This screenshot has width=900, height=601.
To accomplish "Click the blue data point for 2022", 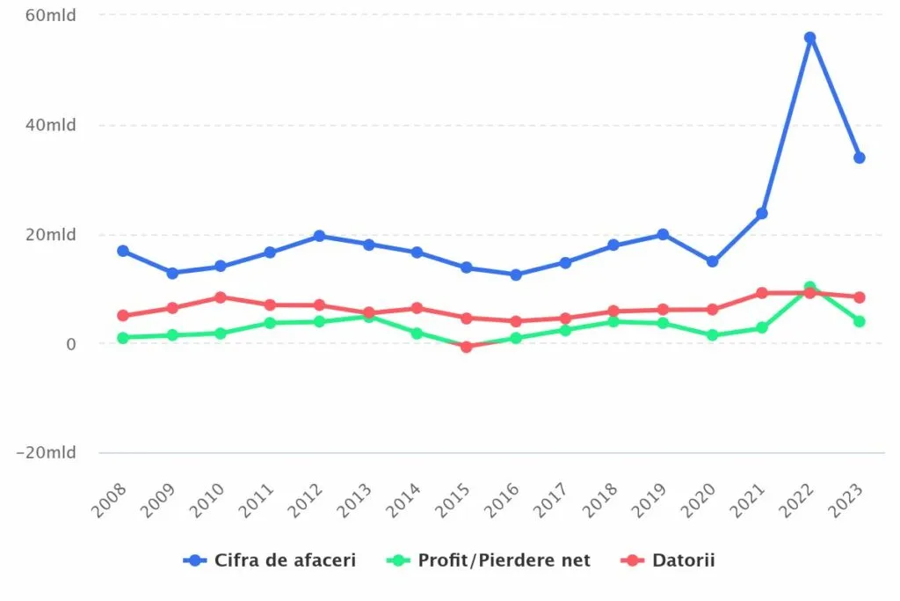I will pyautogui.click(x=809, y=38).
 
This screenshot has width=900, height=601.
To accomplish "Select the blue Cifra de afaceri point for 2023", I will pyautogui.click(x=859, y=158).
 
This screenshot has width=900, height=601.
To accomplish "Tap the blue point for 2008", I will pyautogui.click(x=123, y=251).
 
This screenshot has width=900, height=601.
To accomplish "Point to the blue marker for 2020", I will pyautogui.click(x=712, y=261).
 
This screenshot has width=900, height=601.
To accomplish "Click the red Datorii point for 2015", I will pyautogui.click(x=467, y=347).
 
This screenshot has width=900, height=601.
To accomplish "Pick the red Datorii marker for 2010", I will pyautogui.click(x=221, y=297).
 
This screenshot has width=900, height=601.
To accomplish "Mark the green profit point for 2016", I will pyautogui.click(x=516, y=338).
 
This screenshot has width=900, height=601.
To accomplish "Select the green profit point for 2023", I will pyautogui.click(x=859, y=321).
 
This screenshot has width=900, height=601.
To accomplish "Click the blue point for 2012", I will pyautogui.click(x=319, y=236).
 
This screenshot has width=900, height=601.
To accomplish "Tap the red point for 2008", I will pyautogui.click(x=123, y=315).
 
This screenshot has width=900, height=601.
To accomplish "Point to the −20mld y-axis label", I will pyautogui.click(x=46, y=452).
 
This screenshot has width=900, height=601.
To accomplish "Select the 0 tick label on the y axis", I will pyautogui.click(x=70, y=343).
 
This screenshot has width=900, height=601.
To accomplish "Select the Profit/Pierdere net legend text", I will pyautogui.click(x=504, y=560).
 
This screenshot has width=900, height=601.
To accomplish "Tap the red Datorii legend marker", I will pyautogui.click(x=629, y=560).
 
